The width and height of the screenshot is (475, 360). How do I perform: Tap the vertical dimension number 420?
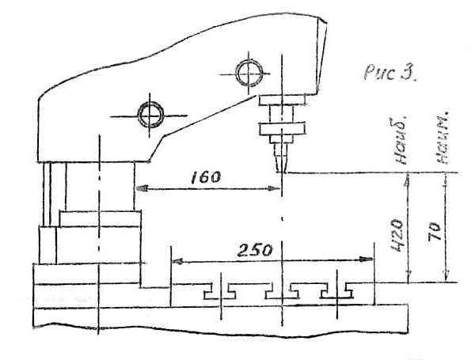pyautogui.click(x=397, y=230)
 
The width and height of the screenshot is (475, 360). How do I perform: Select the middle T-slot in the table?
pyautogui.click(x=279, y=291)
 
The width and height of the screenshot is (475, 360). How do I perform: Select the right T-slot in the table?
pyautogui.click(x=338, y=291)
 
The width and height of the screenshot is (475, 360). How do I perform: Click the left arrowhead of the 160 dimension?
pyautogui.click(x=139, y=188)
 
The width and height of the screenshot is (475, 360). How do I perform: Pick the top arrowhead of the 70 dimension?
pyautogui.click(x=446, y=179)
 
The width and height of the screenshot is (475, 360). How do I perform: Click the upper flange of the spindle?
pyautogui.click(x=282, y=99)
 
